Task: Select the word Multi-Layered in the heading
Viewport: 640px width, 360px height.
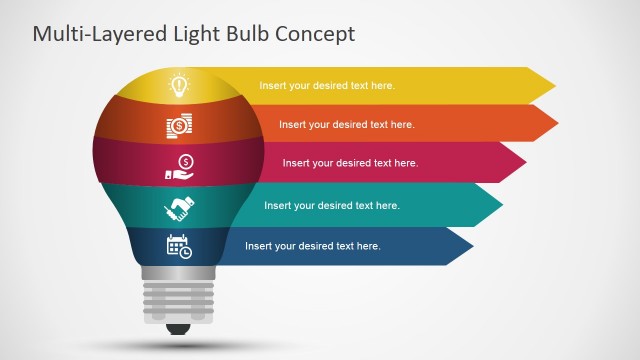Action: coord(93,34)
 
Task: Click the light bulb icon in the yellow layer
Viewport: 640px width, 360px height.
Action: coord(179,85)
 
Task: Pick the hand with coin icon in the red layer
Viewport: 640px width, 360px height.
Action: coord(180,167)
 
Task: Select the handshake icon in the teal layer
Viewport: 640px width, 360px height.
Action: coord(179,208)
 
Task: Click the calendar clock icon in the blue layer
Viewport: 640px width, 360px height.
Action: coord(179,246)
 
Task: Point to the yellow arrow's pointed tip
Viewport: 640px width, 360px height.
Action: coord(554,85)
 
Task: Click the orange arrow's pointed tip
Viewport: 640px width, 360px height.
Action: coord(556,124)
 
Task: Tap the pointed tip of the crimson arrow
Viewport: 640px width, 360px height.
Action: coord(525,163)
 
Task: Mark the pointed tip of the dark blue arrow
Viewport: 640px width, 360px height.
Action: coord(472,246)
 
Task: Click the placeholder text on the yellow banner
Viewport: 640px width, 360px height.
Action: coord(327,86)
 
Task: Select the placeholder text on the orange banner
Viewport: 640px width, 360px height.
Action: coord(346,125)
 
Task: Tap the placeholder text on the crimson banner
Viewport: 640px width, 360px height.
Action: coord(350,163)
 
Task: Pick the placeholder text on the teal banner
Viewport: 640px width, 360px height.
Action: coord(331,206)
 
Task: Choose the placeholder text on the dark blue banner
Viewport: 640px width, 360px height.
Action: coord(312,246)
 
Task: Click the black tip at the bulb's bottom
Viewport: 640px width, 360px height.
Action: coord(179,328)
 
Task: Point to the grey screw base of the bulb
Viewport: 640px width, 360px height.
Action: coord(179,299)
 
